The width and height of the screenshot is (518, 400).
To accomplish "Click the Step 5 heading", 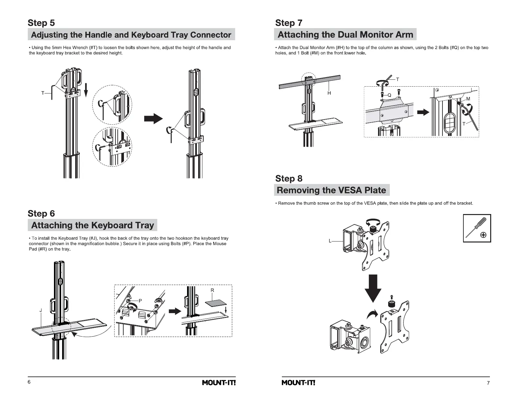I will tap(41, 23).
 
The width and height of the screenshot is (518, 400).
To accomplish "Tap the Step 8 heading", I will tap(289, 178).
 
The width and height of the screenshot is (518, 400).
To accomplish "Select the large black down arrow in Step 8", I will tap(373, 288).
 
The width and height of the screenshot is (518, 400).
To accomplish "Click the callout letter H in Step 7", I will tap(329, 93).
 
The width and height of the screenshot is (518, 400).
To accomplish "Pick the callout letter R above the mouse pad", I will tap(212, 290).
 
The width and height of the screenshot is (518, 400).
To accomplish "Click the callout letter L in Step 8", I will tap(330, 241).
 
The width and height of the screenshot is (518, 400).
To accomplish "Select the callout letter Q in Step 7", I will tap(389, 95).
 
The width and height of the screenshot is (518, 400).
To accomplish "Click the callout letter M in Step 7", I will tap(468, 99).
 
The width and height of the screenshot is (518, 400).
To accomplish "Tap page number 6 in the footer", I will tap(29, 382).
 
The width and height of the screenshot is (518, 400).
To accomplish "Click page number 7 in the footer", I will tap(488, 383).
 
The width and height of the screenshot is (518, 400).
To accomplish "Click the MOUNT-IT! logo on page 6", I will tap(219, 383).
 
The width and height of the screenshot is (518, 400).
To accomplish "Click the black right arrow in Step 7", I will tap(424, 112).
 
